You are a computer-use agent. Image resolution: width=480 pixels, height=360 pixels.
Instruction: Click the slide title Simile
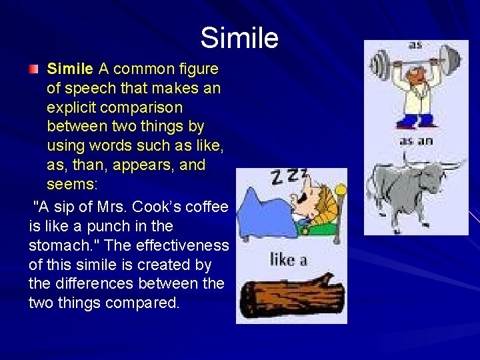239,38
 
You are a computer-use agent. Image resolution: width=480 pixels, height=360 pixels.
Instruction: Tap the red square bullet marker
33,69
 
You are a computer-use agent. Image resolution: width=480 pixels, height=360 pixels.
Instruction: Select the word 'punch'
116,227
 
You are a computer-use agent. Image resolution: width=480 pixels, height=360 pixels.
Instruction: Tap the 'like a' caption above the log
289,259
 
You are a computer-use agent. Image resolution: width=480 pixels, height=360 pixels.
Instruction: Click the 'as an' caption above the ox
415,141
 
